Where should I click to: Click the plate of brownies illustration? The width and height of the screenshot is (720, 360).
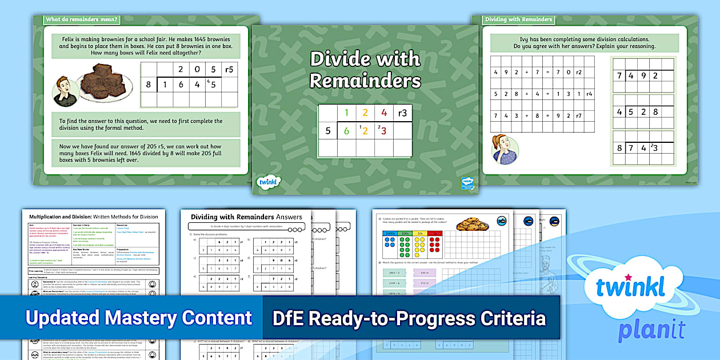pos(105,82)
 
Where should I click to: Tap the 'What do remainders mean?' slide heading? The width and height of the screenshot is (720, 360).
pos(82,19)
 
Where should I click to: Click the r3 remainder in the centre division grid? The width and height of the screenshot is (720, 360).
pos(402,113)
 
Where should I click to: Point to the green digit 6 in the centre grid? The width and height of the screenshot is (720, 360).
pos(346,131)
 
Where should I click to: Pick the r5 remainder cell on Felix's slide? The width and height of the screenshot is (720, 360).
pos(229,70)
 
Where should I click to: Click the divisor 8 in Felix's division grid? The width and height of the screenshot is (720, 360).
pos(149,85)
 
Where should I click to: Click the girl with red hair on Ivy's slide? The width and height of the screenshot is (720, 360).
pos(505,149)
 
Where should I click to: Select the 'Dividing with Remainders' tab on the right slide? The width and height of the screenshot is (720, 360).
pos(518,19)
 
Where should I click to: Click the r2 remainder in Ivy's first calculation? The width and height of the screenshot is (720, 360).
pos(578,73)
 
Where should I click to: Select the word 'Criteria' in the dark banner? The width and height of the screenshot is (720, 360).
pos(509,318)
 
